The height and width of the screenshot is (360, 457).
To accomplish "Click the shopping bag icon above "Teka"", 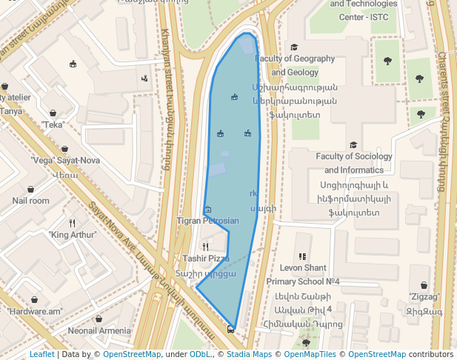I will pos(53,113).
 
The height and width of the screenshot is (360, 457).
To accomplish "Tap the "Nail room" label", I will pos(30,200).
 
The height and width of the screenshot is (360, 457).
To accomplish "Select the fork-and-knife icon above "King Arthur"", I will pos(72,223).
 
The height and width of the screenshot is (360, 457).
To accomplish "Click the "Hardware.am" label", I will pos(34,311).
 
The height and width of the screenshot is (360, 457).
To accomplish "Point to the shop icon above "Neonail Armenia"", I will pos(99,319).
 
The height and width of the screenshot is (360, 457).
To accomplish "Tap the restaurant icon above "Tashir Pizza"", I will pos(206,247).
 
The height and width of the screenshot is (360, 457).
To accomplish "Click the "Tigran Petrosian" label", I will pos(208,221).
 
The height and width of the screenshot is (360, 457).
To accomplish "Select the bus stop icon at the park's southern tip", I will pos(231,328).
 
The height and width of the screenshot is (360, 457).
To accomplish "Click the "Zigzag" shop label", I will pos(424,297).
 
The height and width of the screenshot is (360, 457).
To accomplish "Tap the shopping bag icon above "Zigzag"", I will pos(424,285).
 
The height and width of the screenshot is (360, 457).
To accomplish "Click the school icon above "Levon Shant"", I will pos(302,256).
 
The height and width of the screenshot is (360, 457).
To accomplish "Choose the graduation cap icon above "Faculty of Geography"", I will pos(294,47).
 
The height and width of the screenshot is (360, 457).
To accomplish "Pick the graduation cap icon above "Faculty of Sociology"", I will pos(353,145).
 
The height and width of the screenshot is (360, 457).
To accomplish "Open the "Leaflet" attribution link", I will pos(41,354).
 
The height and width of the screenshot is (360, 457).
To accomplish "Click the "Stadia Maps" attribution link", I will pos(252,354).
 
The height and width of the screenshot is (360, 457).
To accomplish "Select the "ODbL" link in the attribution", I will pos(199,354).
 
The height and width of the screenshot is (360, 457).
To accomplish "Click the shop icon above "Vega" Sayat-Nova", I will pos(65,149).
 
